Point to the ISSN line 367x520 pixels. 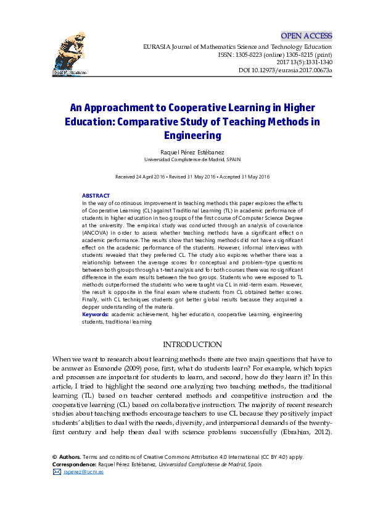274,55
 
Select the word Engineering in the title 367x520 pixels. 192,135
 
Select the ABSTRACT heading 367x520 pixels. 96,196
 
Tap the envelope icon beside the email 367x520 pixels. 57,472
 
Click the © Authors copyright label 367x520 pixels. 67,457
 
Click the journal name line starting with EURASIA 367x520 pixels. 237,47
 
